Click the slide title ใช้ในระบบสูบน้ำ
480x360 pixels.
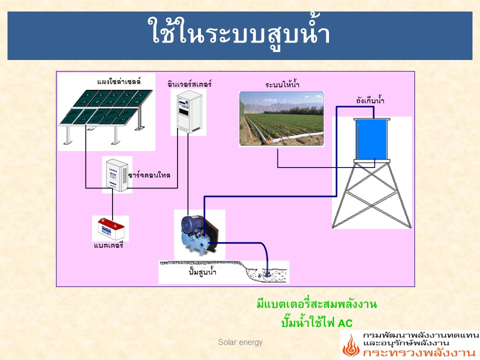coord(239,33)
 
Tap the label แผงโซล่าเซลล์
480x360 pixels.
coord(119,81)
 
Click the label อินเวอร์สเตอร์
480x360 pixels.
coord(189,83)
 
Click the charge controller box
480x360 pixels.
coord(117,175)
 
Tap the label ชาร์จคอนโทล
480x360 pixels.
coord(149,175)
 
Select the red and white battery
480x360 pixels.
coord(111,228)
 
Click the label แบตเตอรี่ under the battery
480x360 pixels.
coord(108,245)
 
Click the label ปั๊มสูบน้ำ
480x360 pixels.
coord(202,271)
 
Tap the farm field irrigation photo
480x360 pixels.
coord(281,118)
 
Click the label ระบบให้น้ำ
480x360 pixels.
coord(282,84)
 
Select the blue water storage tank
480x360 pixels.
coord(371,139)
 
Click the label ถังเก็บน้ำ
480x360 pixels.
coord(370,100)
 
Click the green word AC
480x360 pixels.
coord(345,323)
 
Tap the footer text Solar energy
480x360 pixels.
coord(240,342)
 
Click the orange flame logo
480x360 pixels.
coord(351,345)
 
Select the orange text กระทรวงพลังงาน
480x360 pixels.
coord(419,352)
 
